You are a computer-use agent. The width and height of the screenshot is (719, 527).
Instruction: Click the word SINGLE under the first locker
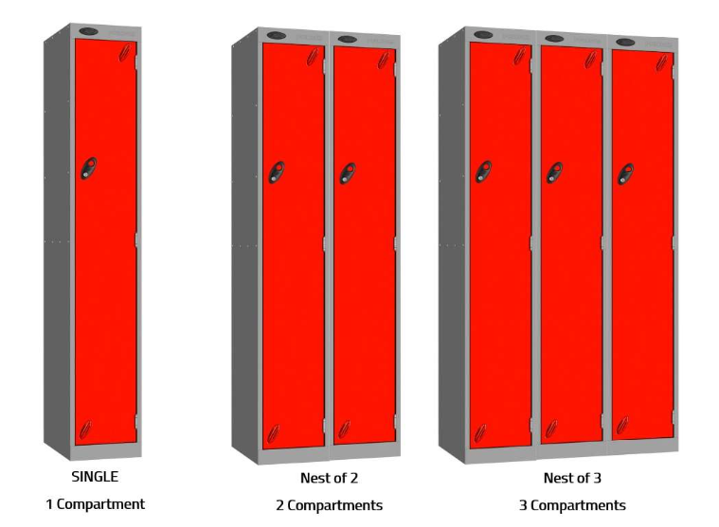tap(95, 477)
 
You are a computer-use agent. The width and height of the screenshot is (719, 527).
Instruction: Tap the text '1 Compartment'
tap(96, 504)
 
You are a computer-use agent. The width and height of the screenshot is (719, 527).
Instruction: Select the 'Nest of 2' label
tap(329, 478)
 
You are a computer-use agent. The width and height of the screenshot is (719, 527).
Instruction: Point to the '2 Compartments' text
tap(330, 505)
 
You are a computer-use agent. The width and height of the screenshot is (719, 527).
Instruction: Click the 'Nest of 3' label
tap(572, 478)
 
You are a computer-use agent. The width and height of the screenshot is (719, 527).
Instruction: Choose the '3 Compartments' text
tap(572, 505)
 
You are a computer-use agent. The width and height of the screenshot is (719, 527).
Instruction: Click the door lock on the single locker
tap(89, 168)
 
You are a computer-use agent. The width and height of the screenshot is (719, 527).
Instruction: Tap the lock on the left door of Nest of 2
tap(277, 172)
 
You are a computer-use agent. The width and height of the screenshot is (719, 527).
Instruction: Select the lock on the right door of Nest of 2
tap(348, 173)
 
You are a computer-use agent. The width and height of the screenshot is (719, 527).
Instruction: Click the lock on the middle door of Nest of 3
tap(554, 172)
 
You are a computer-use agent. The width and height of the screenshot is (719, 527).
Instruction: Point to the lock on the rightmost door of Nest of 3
tap(625, 174)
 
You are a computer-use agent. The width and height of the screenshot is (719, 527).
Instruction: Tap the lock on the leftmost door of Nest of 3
tap(483, 171)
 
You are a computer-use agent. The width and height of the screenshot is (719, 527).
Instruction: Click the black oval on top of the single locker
tap(88, 31)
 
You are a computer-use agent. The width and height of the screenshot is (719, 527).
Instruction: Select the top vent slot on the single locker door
tap(124, 53)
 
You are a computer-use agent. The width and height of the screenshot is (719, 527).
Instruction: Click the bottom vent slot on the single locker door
tap(85, 430)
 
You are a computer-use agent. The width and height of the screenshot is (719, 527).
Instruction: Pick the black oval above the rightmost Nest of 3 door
tap(625, 43)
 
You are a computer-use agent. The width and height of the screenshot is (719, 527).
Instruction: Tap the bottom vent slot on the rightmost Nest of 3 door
tap(622, 426)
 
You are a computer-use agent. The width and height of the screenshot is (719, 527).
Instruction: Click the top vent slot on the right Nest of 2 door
tap(384, 61)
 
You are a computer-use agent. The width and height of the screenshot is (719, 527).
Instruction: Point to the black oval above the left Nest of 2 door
tap(277, 35)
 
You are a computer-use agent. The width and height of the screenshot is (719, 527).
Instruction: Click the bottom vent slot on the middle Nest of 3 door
tap(551, 429)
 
